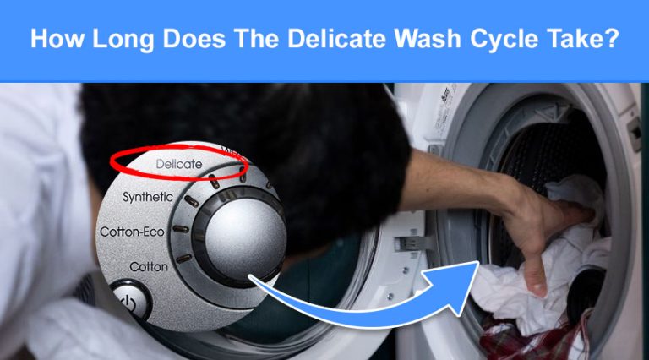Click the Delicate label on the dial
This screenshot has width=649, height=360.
pyautogui.click(x=179, y=164)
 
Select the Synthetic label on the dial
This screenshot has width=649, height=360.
pyautogui.click(x=148, y=197)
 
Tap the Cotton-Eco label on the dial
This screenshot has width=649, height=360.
pyautogui.click(x=132, y=231)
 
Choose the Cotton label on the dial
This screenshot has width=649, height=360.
pyautogui.click(x=149, y=266)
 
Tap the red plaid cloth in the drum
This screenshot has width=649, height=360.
pyautogui.click(x=524, y=342)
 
